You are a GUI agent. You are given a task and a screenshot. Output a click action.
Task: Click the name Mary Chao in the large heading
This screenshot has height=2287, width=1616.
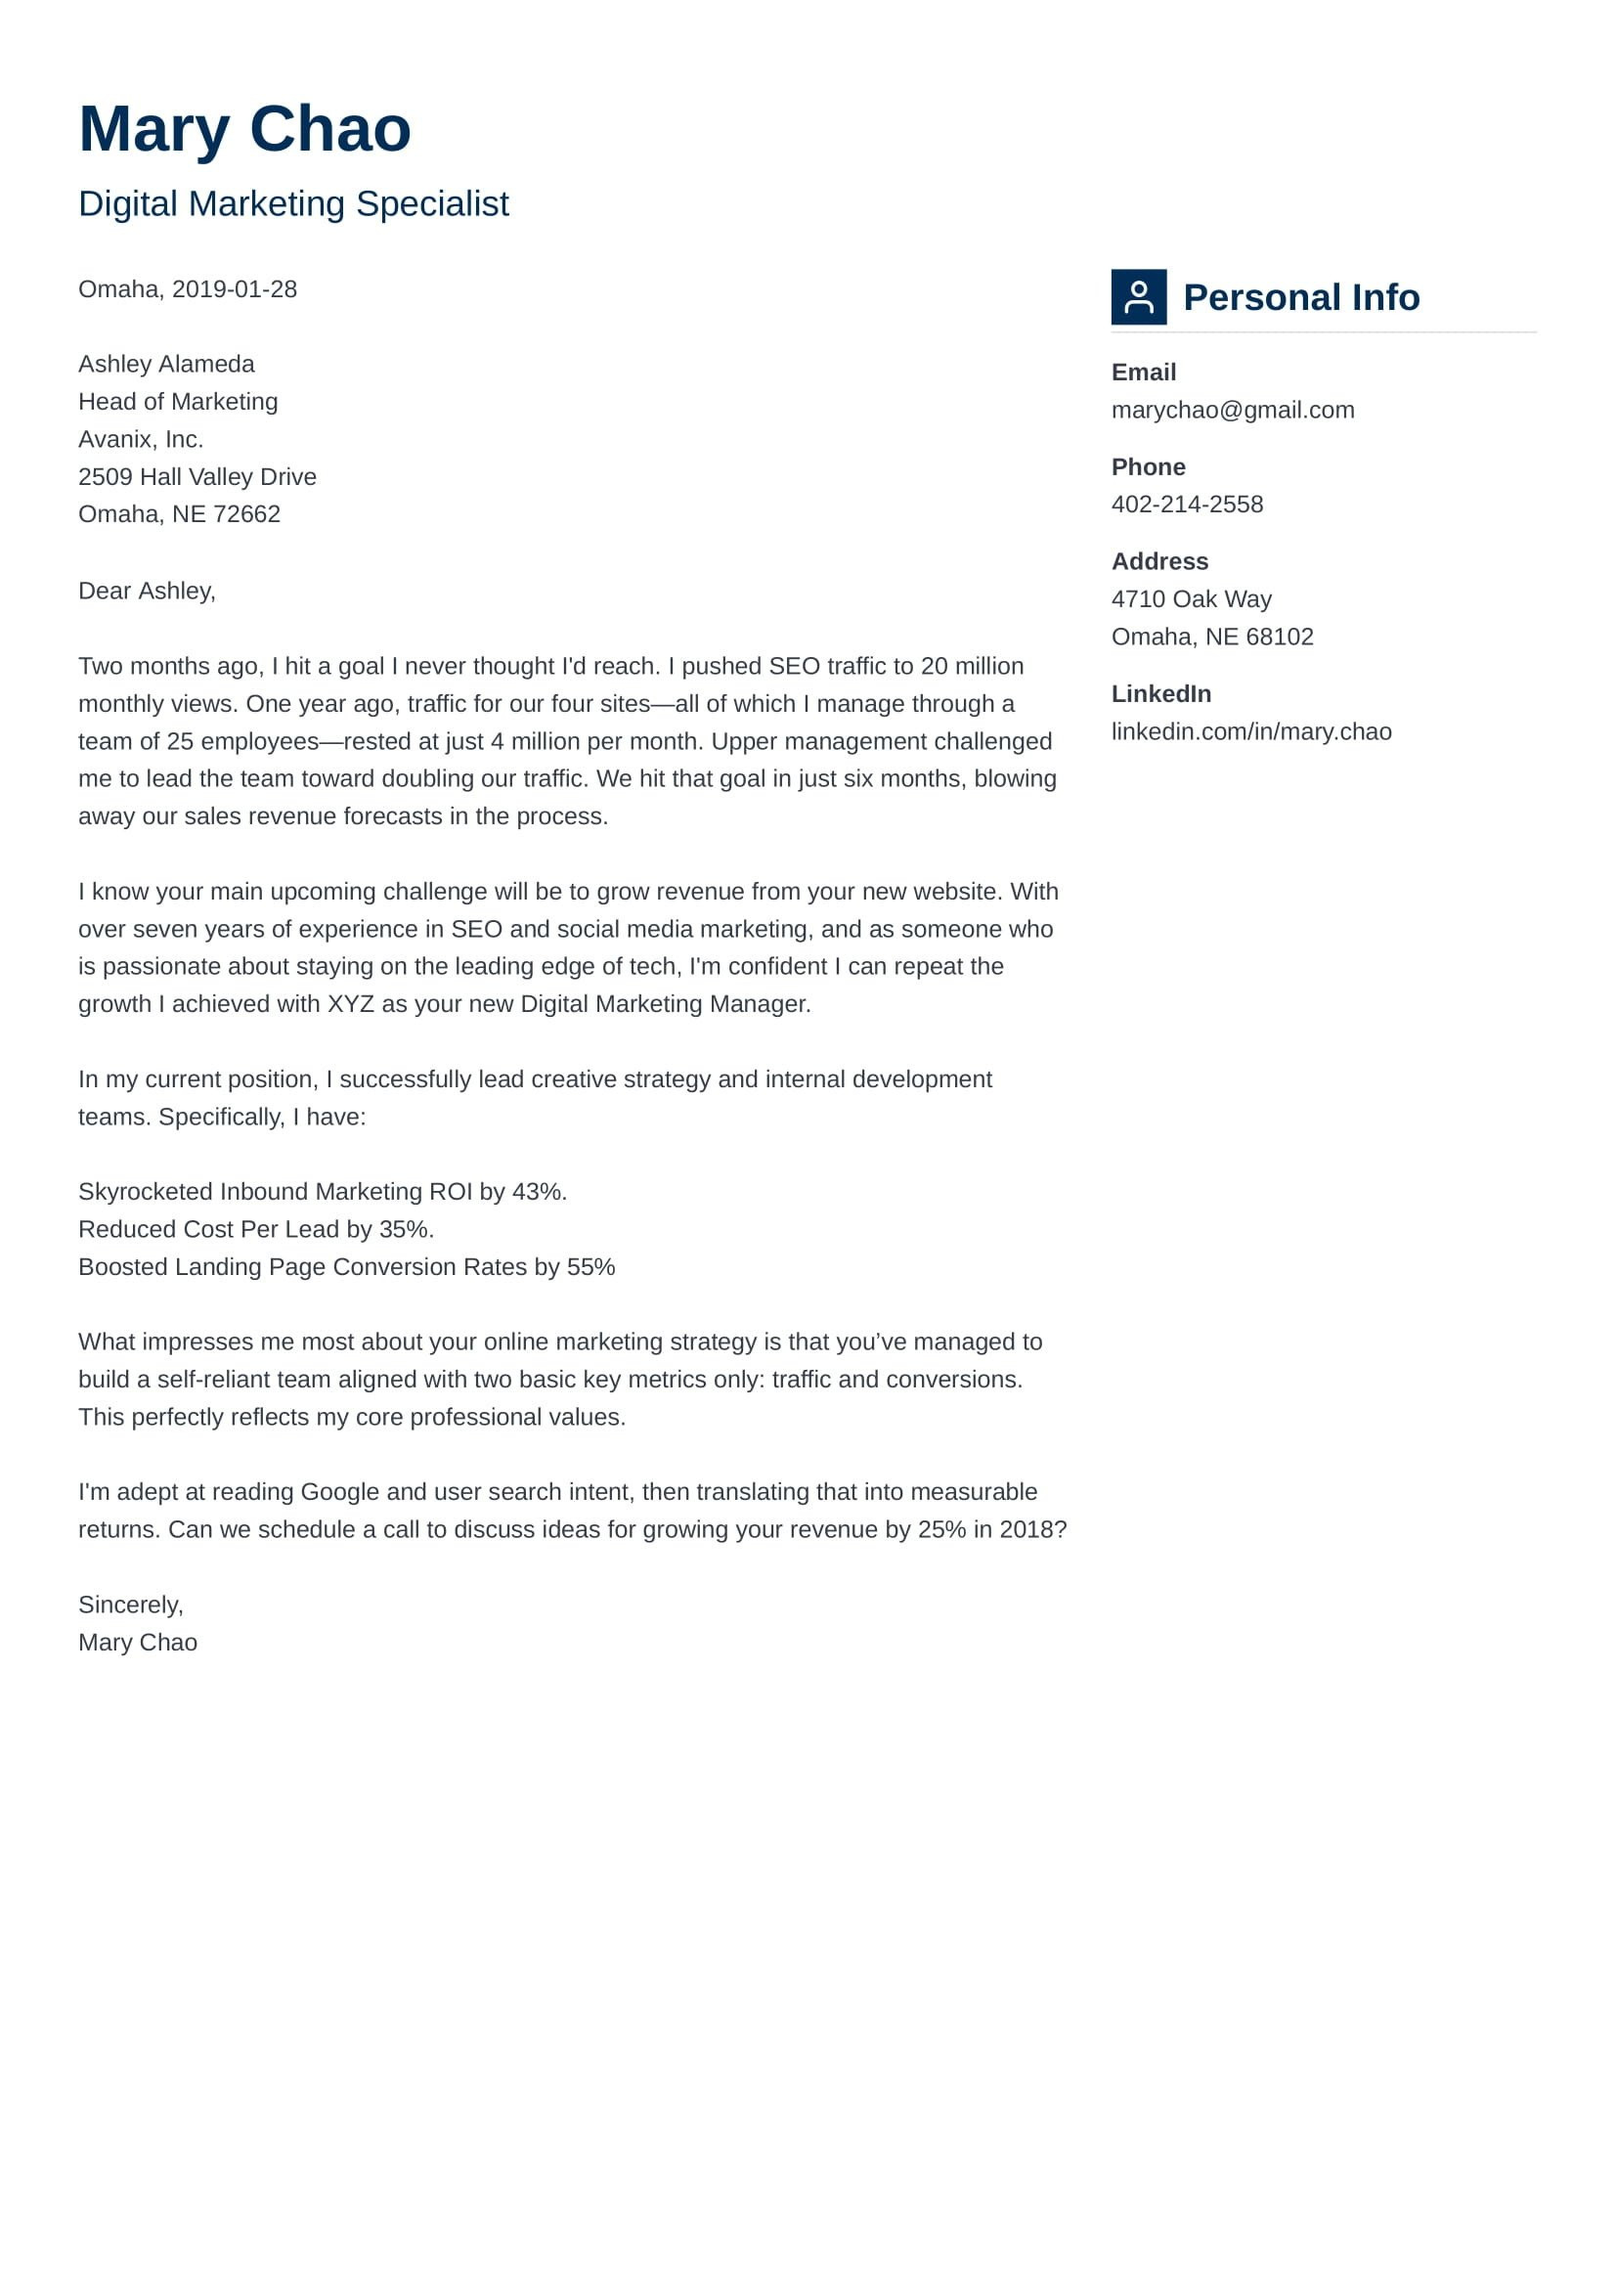[x=244, y=129]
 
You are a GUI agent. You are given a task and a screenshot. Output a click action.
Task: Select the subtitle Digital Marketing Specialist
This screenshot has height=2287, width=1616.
[x=292, y=203]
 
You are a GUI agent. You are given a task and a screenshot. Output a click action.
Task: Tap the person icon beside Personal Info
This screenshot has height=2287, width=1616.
[x=1138, y=297]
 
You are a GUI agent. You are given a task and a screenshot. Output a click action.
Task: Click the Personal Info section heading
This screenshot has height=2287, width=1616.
[x=1300, y=297]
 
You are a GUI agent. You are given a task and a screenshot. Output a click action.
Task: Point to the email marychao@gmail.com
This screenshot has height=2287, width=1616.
[x=1232, y=410]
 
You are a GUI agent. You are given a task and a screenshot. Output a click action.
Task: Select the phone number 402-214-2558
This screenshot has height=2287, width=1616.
[x=1186, y=504]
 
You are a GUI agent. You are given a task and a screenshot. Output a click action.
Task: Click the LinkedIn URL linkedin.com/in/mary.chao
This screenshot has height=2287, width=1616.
[x=1250, y=731]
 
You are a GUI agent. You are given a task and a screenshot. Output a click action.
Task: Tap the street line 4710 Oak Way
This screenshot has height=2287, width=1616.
[x=1191, y=598]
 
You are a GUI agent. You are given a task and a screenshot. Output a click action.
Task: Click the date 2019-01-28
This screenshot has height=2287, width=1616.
[x=234, y=288]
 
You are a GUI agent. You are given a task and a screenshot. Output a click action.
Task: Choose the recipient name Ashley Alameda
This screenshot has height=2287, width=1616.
[x=166, y=364]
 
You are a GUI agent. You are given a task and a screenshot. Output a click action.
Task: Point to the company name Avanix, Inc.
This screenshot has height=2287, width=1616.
[x=141, y=439]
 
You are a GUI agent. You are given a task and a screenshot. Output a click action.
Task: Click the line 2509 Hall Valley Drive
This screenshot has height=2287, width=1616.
[x=197, y=476]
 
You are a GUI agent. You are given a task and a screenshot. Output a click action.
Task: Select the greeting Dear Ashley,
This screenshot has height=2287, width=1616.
[x=147, y=591]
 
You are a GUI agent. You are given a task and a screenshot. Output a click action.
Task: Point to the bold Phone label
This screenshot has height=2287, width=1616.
[x=1147, y=467]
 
